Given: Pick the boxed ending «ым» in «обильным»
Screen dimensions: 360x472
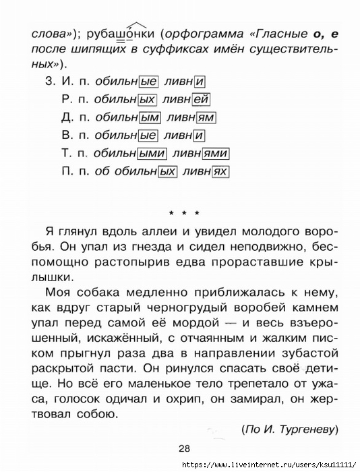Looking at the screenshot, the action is (x=150, y=117).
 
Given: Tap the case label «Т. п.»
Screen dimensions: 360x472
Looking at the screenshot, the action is (x=73, y=153).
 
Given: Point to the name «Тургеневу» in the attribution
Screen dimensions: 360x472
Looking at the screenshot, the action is (x=307, y=429).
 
